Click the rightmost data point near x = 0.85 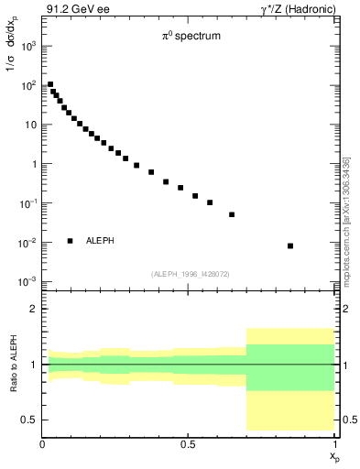[290, 245]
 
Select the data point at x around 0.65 [232, 214]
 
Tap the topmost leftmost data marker [50, 84]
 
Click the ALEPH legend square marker [70, 241]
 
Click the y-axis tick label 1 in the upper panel [33, 164]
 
